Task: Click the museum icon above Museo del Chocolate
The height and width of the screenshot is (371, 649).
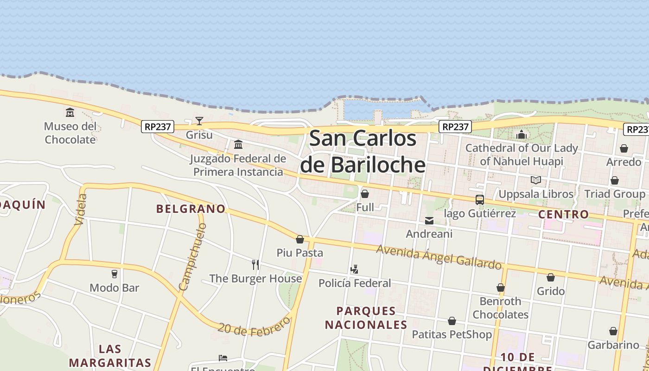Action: click(70, 112)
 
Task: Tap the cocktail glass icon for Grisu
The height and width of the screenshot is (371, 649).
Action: click(199, 121)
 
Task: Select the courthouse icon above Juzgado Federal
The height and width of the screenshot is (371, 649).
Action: click(238, 145)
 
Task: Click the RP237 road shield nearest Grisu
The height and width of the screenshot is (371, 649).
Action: click(158, 126)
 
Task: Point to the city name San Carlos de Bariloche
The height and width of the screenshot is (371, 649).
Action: click(363, 152)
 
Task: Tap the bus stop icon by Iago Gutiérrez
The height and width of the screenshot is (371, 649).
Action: click(479, 200)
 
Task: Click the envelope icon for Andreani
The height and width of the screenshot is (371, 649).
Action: click(429, 221)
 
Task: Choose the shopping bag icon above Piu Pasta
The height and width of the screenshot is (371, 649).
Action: click(300, 239)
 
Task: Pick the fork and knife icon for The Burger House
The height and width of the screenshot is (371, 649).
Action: click(255, 265)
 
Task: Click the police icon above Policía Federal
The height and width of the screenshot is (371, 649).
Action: click(355, 269)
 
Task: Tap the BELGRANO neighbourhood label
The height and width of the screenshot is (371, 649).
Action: click(191, 209)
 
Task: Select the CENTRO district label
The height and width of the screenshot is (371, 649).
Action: click(563, 215)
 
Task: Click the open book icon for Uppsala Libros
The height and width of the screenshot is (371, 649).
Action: click(536, 180)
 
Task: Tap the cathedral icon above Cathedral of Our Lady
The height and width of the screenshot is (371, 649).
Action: click(522, 134)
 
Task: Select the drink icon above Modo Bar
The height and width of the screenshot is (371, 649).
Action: click(115, 274)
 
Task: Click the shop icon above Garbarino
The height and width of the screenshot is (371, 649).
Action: click(613, 331)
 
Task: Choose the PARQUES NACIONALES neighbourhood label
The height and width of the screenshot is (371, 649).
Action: click(366, 318)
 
